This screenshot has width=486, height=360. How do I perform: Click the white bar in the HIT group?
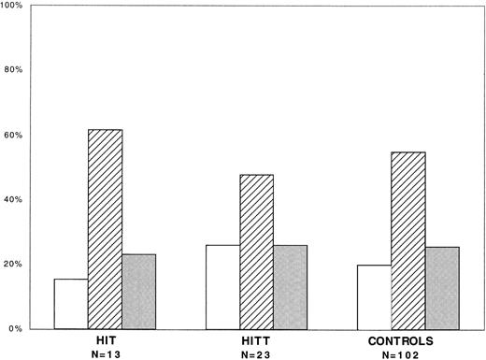coord(71,304)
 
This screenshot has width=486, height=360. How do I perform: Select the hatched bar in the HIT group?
coord(105,229)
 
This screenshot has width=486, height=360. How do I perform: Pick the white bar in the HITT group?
coord(222,286)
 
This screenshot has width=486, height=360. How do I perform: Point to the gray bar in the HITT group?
coord(290,286)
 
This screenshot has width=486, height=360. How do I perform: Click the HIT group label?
coord(105,341)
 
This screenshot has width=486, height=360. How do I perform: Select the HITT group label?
coord(256,341)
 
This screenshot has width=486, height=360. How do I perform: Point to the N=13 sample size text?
coord(105,354)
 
